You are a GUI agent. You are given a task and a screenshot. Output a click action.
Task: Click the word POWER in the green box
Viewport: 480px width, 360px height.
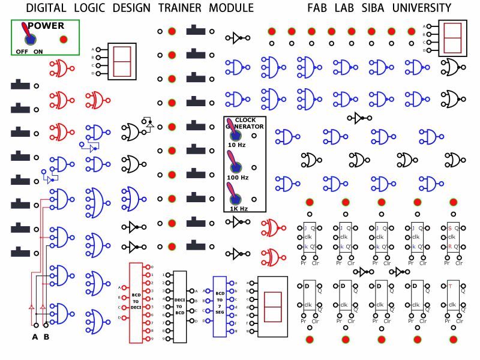click(x=46, y=26)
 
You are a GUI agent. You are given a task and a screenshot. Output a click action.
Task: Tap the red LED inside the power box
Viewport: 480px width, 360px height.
click(x=64, y=40)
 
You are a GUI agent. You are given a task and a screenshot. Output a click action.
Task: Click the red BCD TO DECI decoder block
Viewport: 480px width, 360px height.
click(x=136, y=302)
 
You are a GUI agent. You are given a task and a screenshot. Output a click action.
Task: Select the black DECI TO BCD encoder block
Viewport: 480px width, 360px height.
click(x=179, y=306)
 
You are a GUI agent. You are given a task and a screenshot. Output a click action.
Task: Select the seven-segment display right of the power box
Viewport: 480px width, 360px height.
click(x=122, y=61)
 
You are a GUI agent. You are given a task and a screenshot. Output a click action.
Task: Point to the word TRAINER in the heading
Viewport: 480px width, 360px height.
click(x=180, y=8)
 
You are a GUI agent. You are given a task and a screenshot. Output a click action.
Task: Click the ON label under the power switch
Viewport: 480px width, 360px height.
click(x=38, y=52)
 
